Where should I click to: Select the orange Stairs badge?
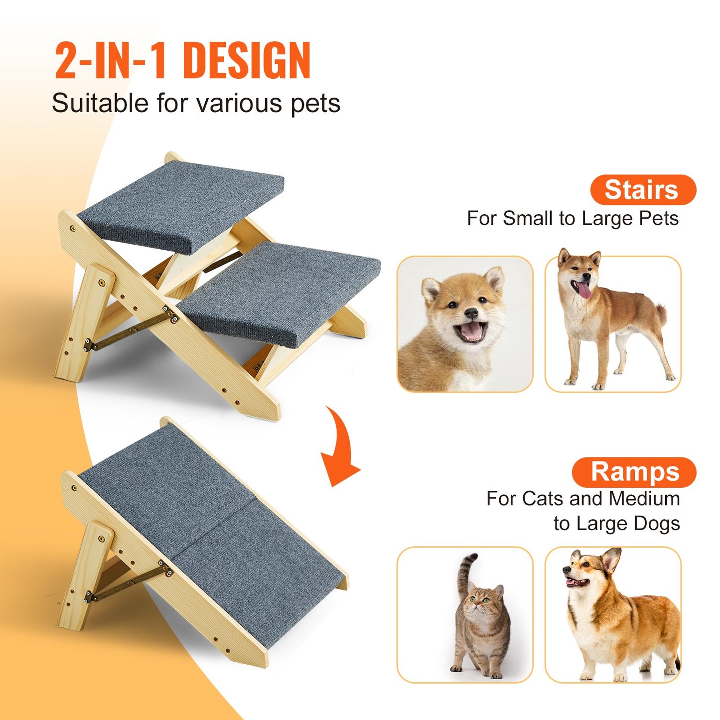point(642,190)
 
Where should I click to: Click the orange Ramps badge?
point(634,472)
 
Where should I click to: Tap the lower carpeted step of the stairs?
point(279,291)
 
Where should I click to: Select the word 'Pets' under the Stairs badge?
point(659,218)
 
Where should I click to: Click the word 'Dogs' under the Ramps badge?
point(657,523)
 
